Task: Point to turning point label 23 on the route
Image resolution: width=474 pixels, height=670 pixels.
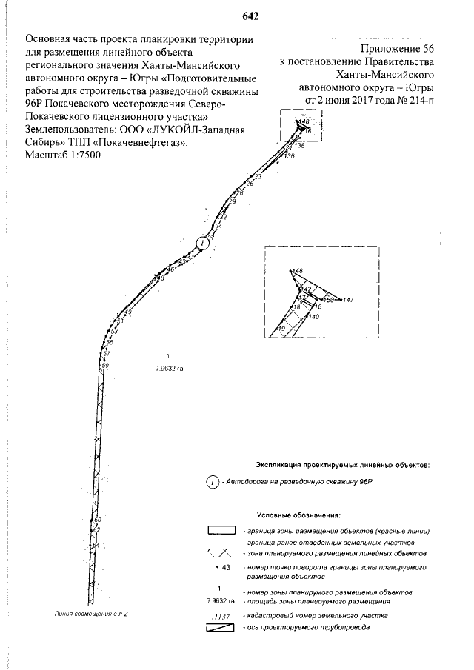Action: (x=258, y=176)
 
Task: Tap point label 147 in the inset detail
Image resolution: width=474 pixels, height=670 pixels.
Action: (x=350, y=300)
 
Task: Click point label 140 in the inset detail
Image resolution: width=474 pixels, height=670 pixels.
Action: (x=314, y=317)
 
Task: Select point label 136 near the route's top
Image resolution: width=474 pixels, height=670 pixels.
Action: (x=289, y=157)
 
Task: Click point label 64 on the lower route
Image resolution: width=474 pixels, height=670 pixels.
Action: (x=95, y=546)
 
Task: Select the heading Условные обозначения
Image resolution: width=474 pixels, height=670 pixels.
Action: (x=298, y=514)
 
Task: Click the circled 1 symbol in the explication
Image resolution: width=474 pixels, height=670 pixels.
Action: (x=213, y=483)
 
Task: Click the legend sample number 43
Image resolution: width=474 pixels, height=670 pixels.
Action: (x=227, y=567)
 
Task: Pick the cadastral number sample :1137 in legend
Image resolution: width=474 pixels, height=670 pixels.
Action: (x=222, y=615)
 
